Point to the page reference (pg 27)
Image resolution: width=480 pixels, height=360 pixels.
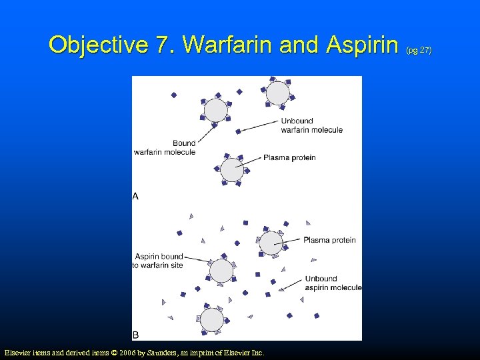tap(420, 50)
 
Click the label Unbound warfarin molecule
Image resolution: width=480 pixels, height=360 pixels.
tap(311, 125)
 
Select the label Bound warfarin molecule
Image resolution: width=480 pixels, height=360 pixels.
tap(165, 147)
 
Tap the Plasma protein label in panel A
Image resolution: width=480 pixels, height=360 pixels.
tap(289, 158)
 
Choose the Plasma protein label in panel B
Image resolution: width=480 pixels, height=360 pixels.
tap(329, 240)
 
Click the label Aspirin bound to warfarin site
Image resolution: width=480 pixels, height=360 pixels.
tap(159, 261)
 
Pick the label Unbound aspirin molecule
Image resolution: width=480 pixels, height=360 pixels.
tap(333, 283)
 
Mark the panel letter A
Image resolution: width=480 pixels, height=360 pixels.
tap(135, 196)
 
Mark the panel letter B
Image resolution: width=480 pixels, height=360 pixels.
tap(135, 334)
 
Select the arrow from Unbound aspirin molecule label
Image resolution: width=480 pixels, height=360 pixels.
tap(291, 285)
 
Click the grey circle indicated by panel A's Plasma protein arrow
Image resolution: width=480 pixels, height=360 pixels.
tap(232, 169)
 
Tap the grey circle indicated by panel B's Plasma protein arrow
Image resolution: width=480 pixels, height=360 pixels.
tap(271, 243)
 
